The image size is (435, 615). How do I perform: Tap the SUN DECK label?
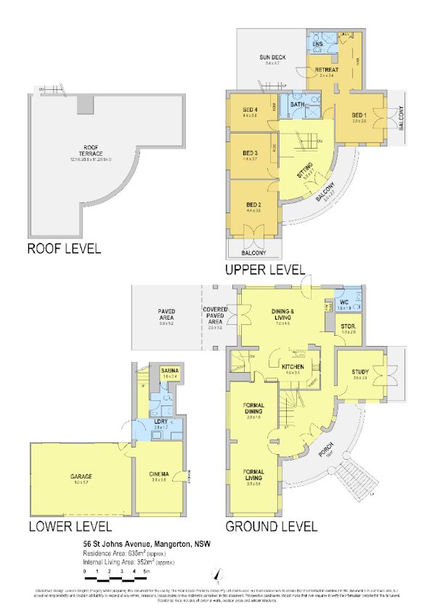272,57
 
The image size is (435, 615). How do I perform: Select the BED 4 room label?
251,110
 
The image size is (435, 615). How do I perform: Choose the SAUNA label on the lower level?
170,371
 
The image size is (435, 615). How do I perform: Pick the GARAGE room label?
81,476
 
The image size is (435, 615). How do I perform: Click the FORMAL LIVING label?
253,476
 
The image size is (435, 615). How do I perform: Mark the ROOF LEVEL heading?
63,249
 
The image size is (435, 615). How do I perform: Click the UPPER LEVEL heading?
264,269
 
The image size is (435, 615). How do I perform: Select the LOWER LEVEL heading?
69,526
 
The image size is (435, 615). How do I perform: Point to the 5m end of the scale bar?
147,572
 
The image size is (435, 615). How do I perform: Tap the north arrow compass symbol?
216,575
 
